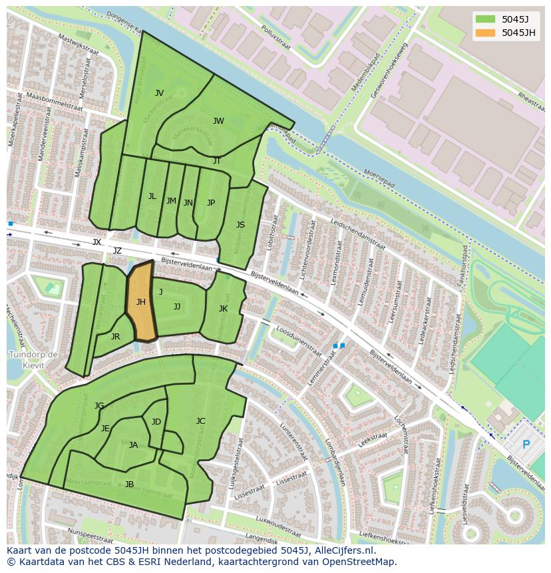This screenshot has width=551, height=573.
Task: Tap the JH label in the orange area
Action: (141, 302)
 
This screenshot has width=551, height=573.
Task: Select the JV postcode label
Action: (159, 93)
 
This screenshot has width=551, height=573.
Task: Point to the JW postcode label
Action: (218, 121)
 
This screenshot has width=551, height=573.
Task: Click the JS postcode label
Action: (240, 225)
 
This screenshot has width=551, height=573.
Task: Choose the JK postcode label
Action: (223, 309)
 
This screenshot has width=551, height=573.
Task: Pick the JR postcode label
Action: (115, 337)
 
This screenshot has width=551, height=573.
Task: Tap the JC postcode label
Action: (200, 421)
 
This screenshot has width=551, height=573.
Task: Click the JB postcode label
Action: (129, 484)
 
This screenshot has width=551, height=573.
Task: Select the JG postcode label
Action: (99, 406)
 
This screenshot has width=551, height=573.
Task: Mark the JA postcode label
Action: (133, 445)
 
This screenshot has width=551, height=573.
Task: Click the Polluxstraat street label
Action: (277, 39)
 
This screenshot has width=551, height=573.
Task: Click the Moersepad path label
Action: (379, 178)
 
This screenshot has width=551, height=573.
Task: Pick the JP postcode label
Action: (211, 203)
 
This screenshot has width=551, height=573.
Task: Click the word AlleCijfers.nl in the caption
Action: (343, 550)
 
